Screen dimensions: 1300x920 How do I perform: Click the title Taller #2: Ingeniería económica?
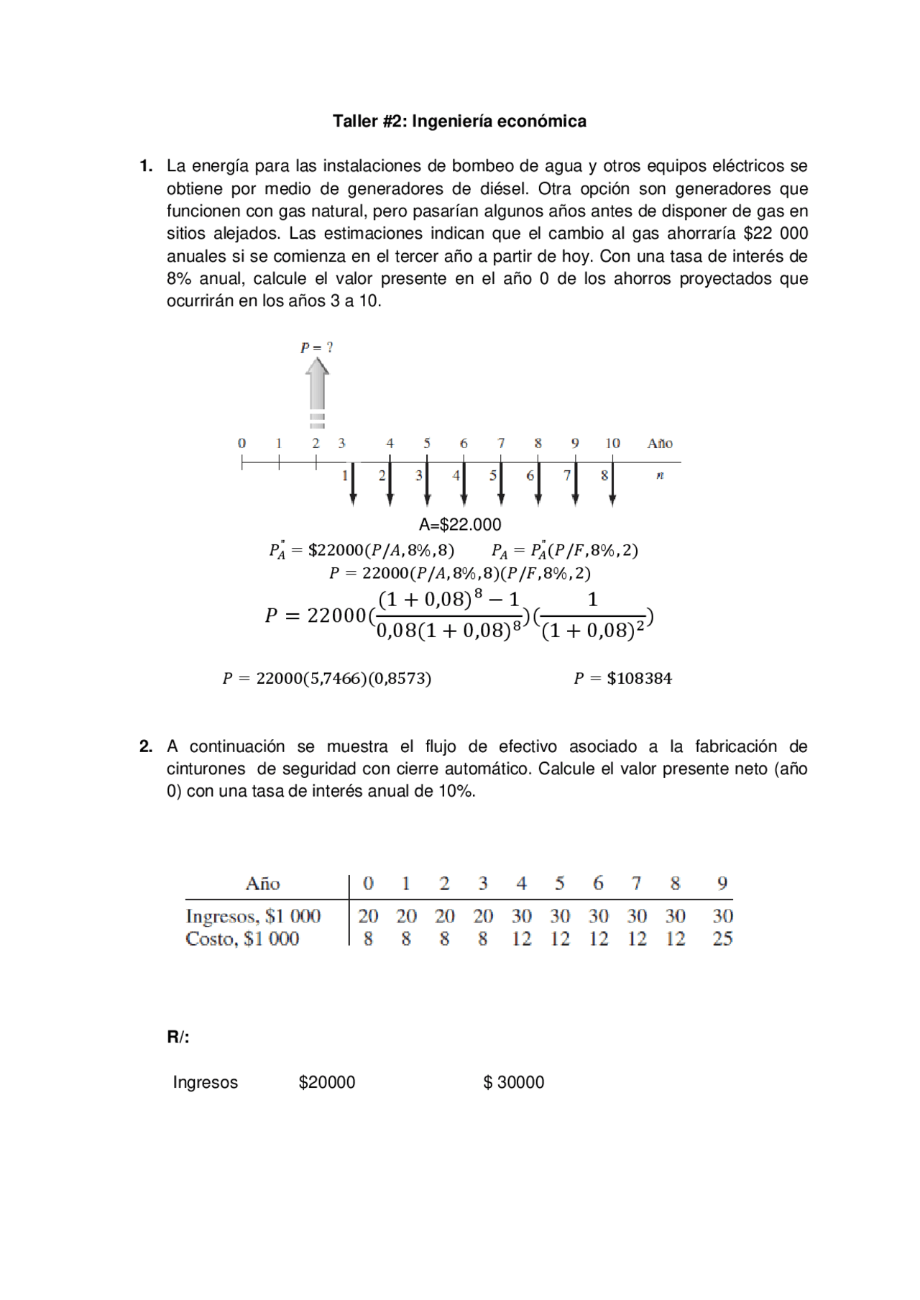[459, 121]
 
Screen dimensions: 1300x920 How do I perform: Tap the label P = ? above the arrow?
[316, 347]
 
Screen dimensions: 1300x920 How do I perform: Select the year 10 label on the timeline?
[612, 443]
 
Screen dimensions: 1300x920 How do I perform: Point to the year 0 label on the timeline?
[242, 443]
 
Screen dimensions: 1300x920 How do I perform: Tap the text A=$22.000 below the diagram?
[460, 524]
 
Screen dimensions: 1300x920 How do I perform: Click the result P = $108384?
[622, 678]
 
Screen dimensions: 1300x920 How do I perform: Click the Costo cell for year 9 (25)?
[722, 938]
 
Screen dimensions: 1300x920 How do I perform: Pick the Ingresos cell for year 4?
[521, 916]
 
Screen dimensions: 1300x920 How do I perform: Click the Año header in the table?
[263, 883]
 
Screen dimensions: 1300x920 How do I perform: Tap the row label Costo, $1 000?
[242, 938]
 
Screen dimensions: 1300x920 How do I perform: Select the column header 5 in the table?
[559, 883]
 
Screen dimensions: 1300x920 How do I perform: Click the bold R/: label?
[178, 1037]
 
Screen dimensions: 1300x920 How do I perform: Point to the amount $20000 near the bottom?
[327, 1082]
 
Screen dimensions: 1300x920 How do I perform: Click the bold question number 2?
[146, 746]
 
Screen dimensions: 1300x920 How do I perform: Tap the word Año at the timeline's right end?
[660, 443]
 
